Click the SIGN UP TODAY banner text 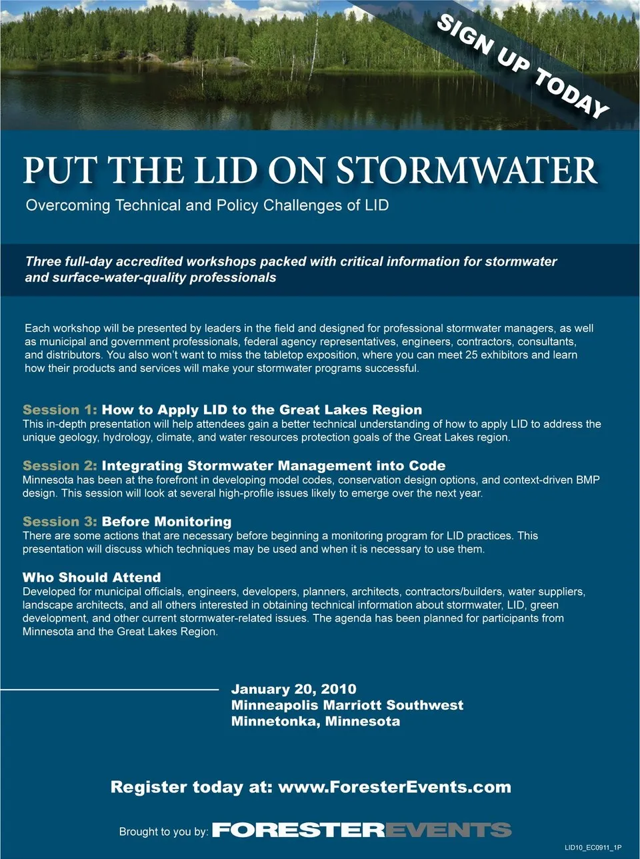coord(523,66)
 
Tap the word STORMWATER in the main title coord(467,171)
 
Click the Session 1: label coord(60,410)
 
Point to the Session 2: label coord(60,466)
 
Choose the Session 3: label coord(60,522)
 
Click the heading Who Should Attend coord(92,578)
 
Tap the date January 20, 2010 coord(293,689)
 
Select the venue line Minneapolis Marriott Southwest coord(347,705)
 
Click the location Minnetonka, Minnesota coord(315,721)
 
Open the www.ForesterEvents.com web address coord(395,787)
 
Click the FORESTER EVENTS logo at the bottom coord(361,830)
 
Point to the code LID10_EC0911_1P coord(593,848)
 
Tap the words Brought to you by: coord(163,832)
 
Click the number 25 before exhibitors coord(471,355)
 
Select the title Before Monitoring coord(167,522)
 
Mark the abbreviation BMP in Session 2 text coord(587,480)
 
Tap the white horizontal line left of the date coord(110,689)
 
